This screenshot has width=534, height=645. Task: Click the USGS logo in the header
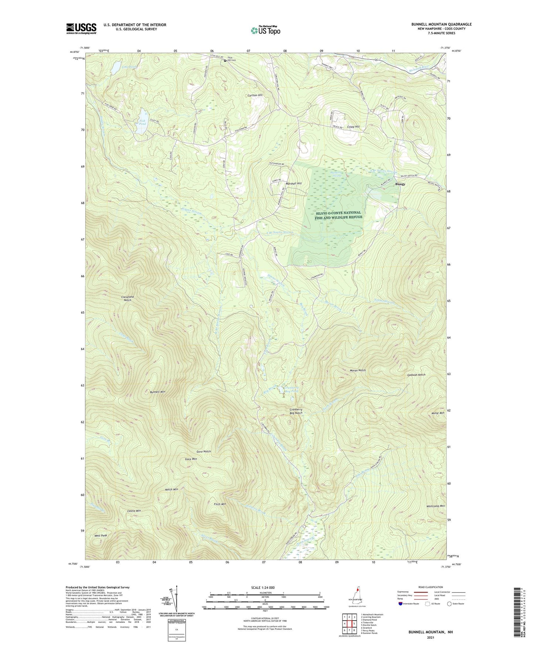[x=81, y=28]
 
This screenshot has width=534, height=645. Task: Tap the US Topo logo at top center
[x=265, y=30]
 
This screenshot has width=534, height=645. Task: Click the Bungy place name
[x=400, y=184]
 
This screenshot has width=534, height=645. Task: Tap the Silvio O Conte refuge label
[x=338, y=215]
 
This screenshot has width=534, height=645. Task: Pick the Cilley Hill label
[x=354, y=127]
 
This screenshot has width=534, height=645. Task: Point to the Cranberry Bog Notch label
[x=296, y=411]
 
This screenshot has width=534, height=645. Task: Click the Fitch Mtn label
[x=220, y=504]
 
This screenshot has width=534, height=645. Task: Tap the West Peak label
[x=101, y=535]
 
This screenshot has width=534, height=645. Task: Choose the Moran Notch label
[x=357, y=370]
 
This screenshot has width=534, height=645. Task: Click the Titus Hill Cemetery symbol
[x=225, y=61]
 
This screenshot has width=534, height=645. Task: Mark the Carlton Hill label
[x=255, y=95]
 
